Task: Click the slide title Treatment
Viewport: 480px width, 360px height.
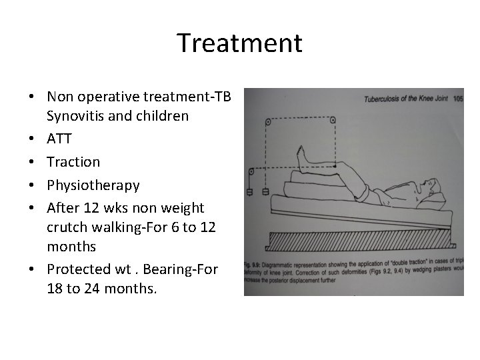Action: click(x=239, y=43)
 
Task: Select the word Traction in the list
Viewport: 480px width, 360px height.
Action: click(x=73, y=161)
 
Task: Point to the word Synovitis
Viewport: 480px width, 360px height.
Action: click(x=74, y=116)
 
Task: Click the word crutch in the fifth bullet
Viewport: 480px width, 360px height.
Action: click(x=65, y=226)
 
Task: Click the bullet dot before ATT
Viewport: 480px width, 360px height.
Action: click(x=32, y=139)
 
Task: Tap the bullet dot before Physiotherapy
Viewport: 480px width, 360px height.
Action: click(x=32, y=184)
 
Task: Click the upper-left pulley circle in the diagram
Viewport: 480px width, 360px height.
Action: click(x=269, y=121)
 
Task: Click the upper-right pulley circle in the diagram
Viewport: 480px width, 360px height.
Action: click(x=333, y=120)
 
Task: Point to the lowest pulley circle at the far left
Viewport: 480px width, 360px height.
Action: click(x=250, y=171)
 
